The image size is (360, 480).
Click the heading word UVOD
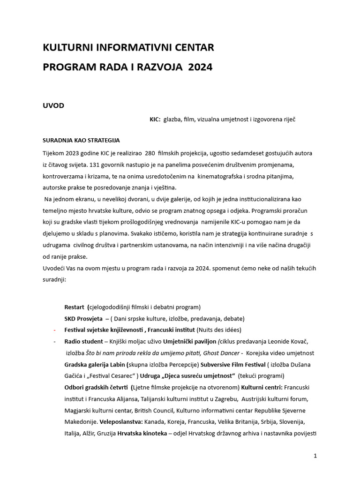tap(53, 105)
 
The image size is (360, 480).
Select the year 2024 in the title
tap(200, 67)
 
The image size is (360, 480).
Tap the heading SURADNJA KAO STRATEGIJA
tap(81, 140)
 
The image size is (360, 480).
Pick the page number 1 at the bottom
tap(315, 456)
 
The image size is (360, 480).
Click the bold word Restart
tap(74, 307)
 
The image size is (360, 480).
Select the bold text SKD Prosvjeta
tap(83, 318)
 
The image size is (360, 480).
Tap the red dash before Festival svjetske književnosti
tap(55, 330)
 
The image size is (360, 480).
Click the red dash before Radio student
tap(55, 341)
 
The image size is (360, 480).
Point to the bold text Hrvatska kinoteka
tap(142, 434)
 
